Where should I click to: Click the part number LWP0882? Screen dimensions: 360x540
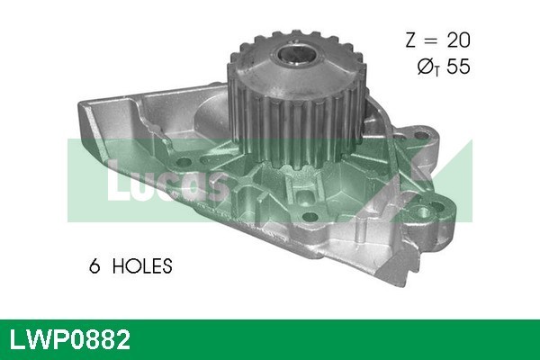click(69, 339)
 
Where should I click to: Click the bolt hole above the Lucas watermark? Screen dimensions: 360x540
click(187, 162)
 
